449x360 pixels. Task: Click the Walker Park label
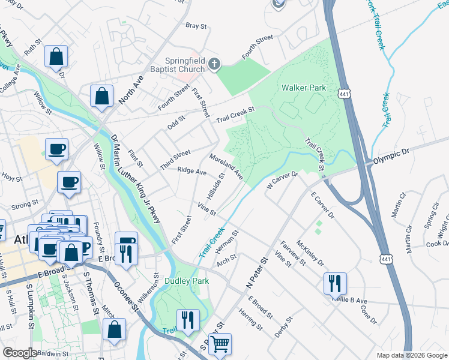click(x=304, y=88)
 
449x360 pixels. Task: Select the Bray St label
click(x=196, y=26)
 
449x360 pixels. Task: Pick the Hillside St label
click(x=215, y=187)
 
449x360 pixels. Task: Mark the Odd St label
click(x=176, y=121)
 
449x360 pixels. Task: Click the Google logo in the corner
click(x=20, y=353)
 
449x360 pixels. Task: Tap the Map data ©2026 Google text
click(x=412, y=355)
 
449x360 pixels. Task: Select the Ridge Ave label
click(x=191, y=171)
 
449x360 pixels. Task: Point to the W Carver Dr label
click(x=282, y=181)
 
